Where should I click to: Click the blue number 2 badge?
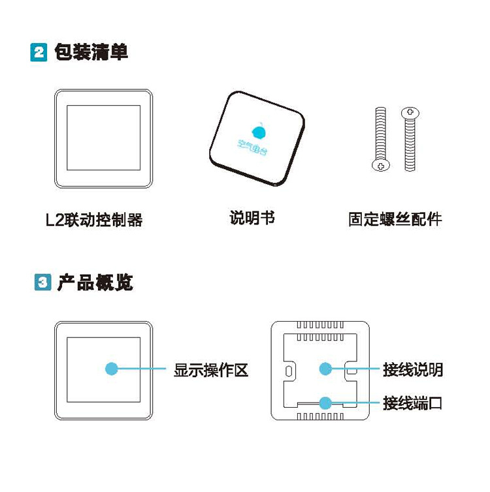(x=39, y=52)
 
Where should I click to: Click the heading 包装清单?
(x=91, y=52)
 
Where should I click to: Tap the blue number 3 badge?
(x=42, y=282)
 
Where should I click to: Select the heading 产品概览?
(x=95, y=282)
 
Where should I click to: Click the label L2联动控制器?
(x=94, y=220)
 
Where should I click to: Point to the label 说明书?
(x=252, y=217)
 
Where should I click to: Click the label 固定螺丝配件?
(x=395, y=219)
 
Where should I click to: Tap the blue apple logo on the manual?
(x=259, y=131)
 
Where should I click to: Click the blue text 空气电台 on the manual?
(x=253, y=147)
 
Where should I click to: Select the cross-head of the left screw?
(x=381, y=165)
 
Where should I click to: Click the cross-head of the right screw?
(x=410, y=112)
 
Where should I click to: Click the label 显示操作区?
(x=211, y=370)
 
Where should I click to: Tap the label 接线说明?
(x=413, y=369)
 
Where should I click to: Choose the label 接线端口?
(x=413, y=403)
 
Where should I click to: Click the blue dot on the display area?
(x=112, y=369)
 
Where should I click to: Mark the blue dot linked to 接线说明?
(x=325, y=369)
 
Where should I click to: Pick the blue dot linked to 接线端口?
(x=325, y=403)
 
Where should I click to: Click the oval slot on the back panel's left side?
(x=289, y=371)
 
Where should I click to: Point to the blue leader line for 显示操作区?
(x=142, y=369)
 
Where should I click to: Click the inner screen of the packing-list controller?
(x=104, y=138)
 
